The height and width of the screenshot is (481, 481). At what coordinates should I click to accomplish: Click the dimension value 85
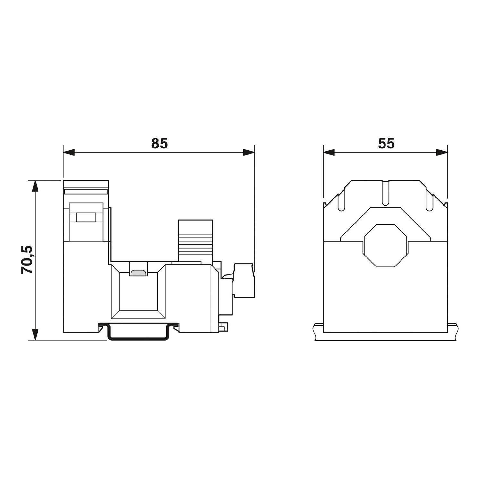(x=159, y=143)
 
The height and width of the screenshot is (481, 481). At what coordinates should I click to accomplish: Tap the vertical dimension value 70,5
(x=27, y=260)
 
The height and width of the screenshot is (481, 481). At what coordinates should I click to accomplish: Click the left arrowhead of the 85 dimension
(x=69, y=152)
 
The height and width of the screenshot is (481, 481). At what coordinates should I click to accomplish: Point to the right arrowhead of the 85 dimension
(x=249, y=152)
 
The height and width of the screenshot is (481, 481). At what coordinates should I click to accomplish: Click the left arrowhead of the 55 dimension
(x=329, y=152)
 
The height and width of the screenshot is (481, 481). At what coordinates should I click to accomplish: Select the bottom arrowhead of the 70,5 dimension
(x=36, y=334)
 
